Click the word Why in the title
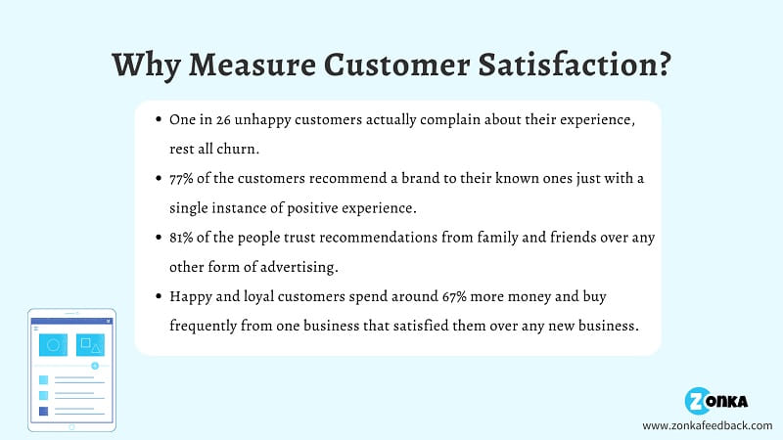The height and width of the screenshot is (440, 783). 145,65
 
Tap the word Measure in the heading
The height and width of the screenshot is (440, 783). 253,65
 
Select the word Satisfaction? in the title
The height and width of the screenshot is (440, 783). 575,65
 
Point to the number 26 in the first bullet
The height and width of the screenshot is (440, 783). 223,120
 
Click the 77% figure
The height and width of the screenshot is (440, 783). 181,179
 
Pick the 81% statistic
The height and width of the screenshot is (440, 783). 181,238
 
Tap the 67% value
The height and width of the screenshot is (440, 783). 454,296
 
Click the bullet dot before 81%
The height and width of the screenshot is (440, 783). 159,238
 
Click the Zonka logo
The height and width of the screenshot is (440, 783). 716,401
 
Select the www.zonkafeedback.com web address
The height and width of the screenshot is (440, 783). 707,425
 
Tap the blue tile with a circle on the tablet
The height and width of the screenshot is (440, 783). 53,345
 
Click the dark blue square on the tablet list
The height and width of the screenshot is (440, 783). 44,411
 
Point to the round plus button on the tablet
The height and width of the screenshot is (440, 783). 95,366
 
